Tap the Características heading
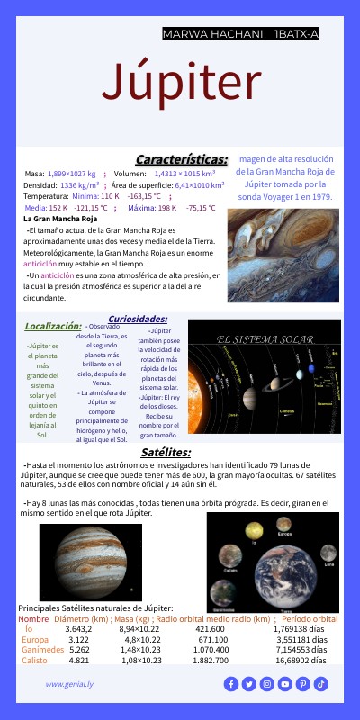pos(181,158)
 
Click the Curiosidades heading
pos(138,319)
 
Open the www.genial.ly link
pos(71,684)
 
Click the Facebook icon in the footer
pos(231,684)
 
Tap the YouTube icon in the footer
pos(285,684)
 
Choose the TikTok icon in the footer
pos(321,684)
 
